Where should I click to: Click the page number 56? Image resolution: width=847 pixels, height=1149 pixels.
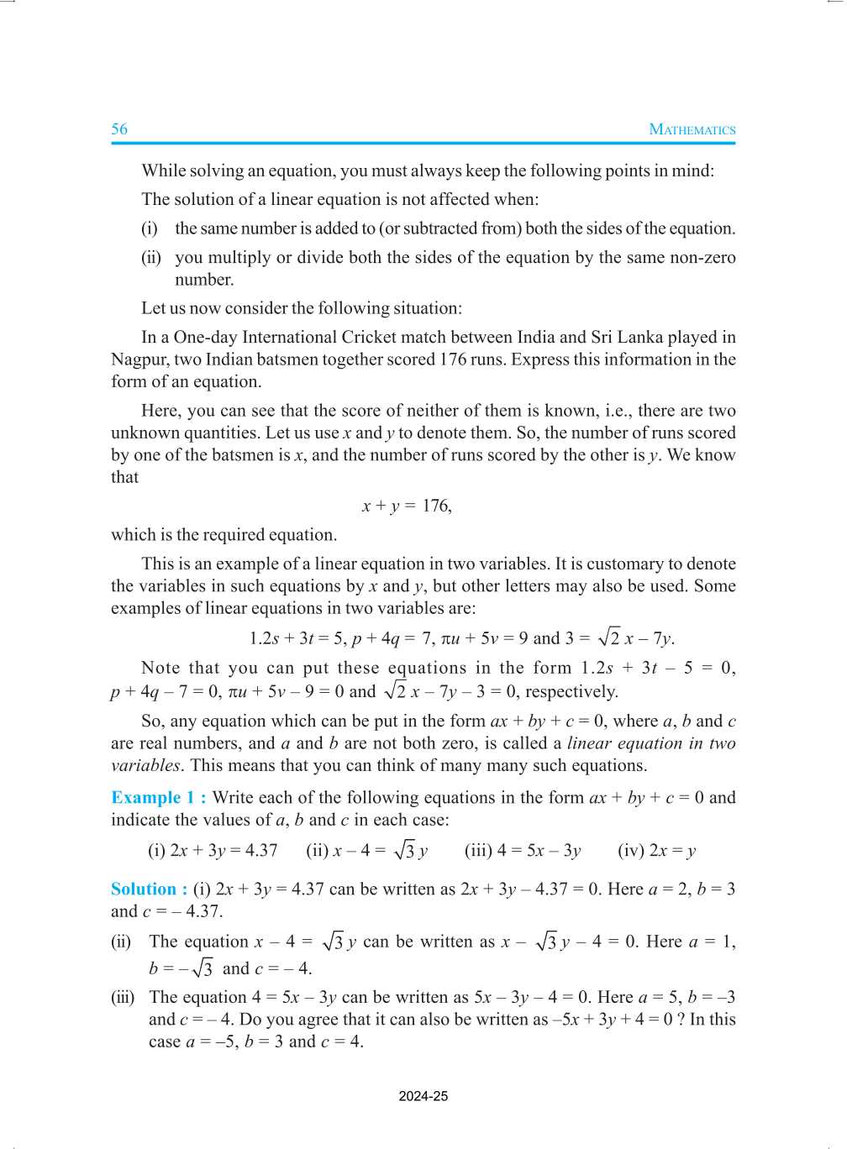[x=119, y=129]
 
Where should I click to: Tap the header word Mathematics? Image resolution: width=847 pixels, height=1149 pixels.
[x=692, y=129]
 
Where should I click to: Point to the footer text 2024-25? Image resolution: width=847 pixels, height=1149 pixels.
[x=423, y=1096]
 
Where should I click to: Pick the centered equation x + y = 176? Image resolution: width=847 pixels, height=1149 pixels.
[x=407, y=506]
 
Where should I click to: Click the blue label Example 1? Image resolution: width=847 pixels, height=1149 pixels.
[x=158, y=798]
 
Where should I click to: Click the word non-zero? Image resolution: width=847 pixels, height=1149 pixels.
[x=702, y=257]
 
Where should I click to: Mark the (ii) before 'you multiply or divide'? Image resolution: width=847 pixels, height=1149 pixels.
[x=151, y=257]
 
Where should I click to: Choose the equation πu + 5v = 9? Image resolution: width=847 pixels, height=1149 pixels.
[x=484, y=638]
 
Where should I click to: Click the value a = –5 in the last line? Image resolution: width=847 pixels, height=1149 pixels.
[x=211, y=1041]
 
